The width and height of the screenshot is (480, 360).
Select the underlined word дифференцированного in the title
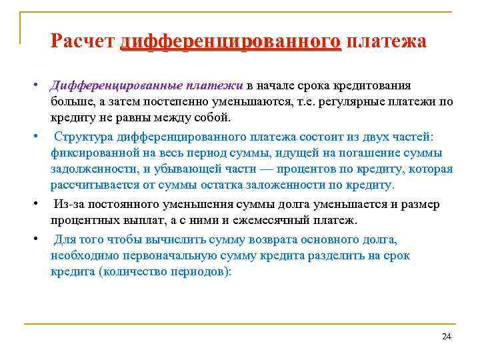coord(231,41)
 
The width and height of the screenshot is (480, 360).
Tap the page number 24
coord(447,337)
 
